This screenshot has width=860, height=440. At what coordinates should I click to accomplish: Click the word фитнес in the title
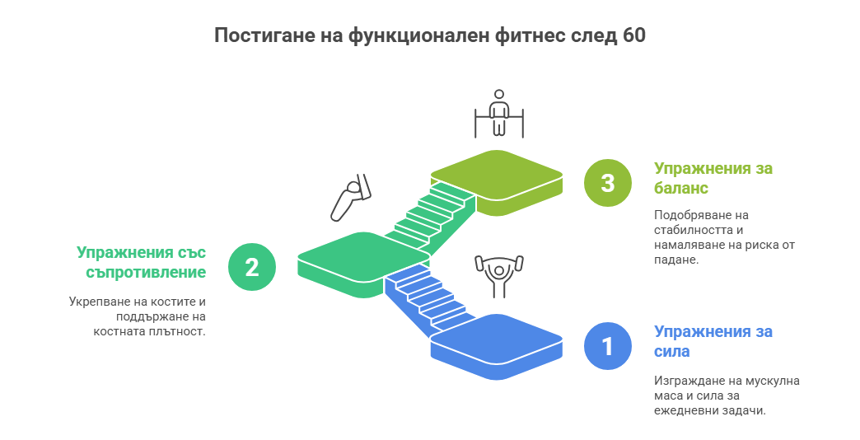coord(530,35)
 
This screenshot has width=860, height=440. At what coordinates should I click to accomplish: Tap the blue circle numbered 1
coord(607,347)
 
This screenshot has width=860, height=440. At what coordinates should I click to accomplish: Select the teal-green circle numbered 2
coord(251,267)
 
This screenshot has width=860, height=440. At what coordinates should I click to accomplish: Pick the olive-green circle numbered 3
coord(607,183)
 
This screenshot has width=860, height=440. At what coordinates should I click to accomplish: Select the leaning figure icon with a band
coord(350,199)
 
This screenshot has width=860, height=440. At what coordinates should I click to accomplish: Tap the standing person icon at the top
coord(498,114)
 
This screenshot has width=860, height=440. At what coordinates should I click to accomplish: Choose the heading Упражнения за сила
coord(713,341)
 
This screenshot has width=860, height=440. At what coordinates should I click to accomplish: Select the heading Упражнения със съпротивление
coord(141,262)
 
